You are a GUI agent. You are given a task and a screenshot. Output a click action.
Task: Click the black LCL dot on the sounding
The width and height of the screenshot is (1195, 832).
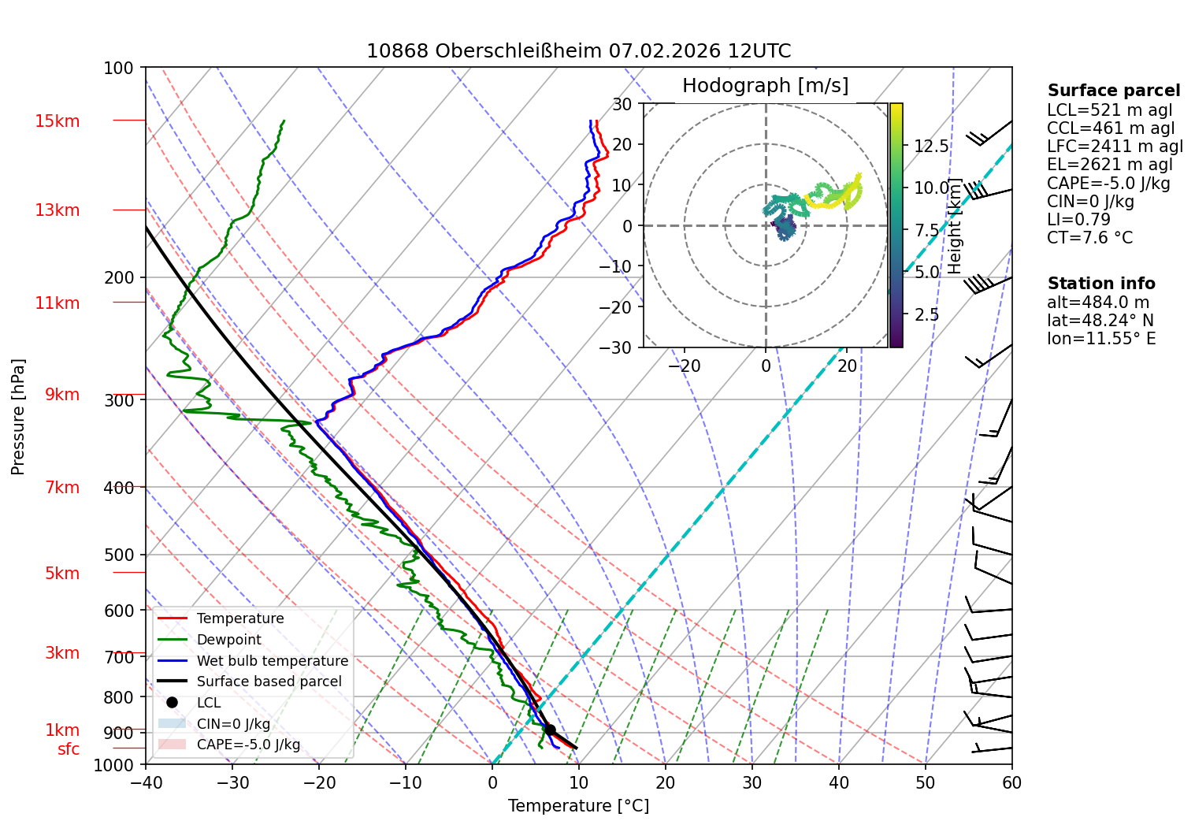(x=550, y=730)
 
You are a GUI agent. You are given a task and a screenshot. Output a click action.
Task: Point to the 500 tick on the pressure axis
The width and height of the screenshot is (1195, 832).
(x=119, y=555)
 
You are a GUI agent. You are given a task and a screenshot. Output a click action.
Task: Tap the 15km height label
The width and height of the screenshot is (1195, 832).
(x=57, y=121)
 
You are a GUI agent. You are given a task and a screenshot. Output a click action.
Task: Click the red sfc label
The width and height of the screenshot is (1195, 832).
(x=69, y=748)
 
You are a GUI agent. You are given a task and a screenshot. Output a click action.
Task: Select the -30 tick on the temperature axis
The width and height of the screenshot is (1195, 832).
(x=232, y=783)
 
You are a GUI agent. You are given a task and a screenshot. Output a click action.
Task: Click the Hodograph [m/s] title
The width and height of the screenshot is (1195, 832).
(x=766, y=86)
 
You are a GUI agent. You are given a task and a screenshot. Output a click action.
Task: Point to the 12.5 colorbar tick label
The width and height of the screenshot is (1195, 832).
(x=931, y=146)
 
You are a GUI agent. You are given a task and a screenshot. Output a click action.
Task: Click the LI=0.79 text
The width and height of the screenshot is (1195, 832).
(x=1078, y=219)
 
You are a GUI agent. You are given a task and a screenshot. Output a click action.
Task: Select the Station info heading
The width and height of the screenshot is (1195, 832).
(x=1101, y=284)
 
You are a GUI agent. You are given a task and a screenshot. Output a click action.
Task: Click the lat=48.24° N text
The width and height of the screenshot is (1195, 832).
(x=1100, y=320)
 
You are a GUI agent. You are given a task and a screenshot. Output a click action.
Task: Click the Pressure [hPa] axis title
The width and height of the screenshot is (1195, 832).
(x=17, y=417)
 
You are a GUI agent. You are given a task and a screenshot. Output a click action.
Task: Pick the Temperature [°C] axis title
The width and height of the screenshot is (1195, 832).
(x=578, y=806)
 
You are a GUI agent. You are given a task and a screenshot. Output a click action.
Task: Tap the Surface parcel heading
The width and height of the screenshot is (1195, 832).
(x=1114, y=91)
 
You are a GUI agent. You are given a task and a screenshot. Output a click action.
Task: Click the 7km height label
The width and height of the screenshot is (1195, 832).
(x=62, y=487)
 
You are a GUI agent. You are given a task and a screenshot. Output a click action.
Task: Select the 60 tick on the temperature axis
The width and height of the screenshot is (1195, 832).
(x=1011, y=783)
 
